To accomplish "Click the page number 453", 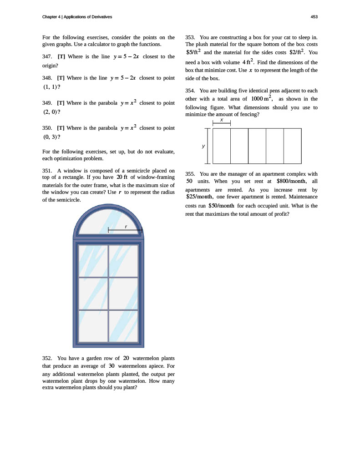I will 314,17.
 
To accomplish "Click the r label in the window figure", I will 126,226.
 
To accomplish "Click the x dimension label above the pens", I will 222,120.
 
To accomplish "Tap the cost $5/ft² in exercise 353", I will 193,52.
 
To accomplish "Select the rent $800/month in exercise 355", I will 292,181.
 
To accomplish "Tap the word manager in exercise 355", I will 243,173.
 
